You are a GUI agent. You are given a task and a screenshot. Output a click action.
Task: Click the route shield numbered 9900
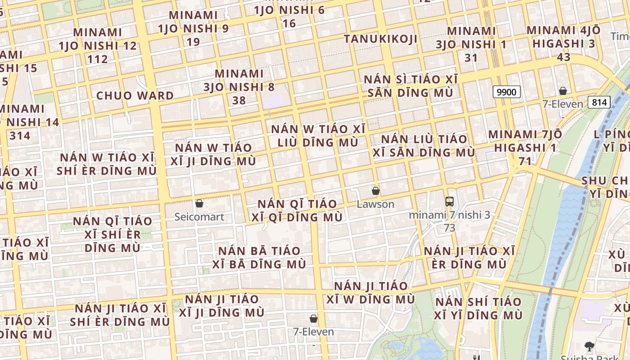tap(506, 92)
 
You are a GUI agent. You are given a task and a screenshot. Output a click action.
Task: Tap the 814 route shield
tap(599, 102)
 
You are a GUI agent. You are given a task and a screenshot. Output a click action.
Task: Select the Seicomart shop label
tap(199, 217)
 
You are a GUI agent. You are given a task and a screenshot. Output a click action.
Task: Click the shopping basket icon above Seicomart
tap(199, 203)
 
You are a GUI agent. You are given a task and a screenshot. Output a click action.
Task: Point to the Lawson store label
tap(375, 204)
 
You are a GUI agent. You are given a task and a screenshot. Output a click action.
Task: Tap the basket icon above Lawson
tap(376, 191)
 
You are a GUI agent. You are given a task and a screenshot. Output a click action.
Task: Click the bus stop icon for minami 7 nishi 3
tap(449, 201)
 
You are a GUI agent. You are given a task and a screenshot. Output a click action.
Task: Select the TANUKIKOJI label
tap(381, 39)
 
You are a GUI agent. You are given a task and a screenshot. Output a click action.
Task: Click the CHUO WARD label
tap(135, 95)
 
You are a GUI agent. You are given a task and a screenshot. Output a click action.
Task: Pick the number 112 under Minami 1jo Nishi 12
tap(98, 59)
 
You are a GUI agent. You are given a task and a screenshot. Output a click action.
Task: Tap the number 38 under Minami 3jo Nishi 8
tap(239, 100)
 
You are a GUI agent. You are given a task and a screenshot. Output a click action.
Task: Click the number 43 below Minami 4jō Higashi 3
tap(563, 57)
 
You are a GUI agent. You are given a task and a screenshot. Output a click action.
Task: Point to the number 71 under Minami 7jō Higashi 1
tap(525, 161)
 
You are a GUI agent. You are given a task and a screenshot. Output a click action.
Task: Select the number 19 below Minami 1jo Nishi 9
tap(193, 42)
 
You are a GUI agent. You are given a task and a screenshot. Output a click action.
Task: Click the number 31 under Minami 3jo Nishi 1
tap(471, 58)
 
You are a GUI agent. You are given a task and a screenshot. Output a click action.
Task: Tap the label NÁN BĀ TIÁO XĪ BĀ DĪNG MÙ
tap(259, 257)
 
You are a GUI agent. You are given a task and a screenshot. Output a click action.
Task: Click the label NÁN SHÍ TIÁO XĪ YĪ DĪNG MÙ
tap(478, 308)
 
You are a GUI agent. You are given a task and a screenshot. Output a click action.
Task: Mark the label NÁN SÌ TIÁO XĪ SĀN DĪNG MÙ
tap(410, 86)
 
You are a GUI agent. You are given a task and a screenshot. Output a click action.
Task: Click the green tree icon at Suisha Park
tap(589, 346)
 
